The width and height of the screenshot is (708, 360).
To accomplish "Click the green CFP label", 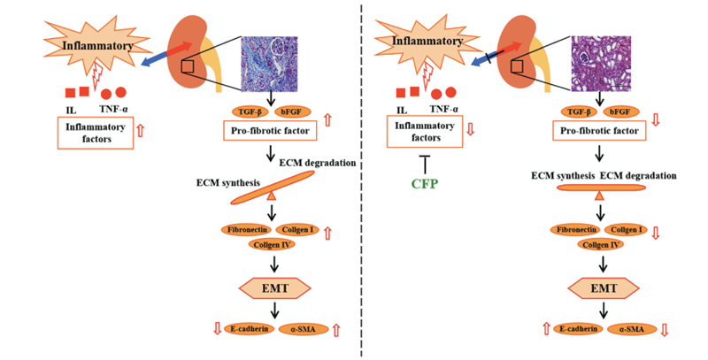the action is (425, 184).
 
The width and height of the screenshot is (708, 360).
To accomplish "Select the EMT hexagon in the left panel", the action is (275, 287).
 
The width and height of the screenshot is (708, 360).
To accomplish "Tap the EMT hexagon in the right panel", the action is (604, 287).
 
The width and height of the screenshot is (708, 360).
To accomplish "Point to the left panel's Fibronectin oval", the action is (247, 230).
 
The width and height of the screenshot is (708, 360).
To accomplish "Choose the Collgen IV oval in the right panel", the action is (601, 244).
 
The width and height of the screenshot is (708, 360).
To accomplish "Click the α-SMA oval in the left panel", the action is (304, 329).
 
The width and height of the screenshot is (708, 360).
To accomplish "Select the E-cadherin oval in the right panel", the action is (579, 329).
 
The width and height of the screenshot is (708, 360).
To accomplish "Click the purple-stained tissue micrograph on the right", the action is (601, 62).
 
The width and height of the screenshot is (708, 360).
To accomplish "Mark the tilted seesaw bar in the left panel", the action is (273, 188).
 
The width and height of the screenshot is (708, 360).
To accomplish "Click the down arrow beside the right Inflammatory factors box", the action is (471, 130).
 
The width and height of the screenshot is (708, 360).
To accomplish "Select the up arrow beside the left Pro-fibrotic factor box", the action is (327, 120).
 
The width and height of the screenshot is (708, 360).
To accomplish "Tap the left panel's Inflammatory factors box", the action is (96, 133).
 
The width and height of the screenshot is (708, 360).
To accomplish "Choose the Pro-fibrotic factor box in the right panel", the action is (599, 131).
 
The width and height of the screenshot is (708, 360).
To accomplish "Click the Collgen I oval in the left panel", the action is (297, 230).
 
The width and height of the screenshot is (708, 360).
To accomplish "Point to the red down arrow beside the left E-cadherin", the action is (217, 329).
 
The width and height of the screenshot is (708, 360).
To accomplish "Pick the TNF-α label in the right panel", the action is (444, 109).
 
